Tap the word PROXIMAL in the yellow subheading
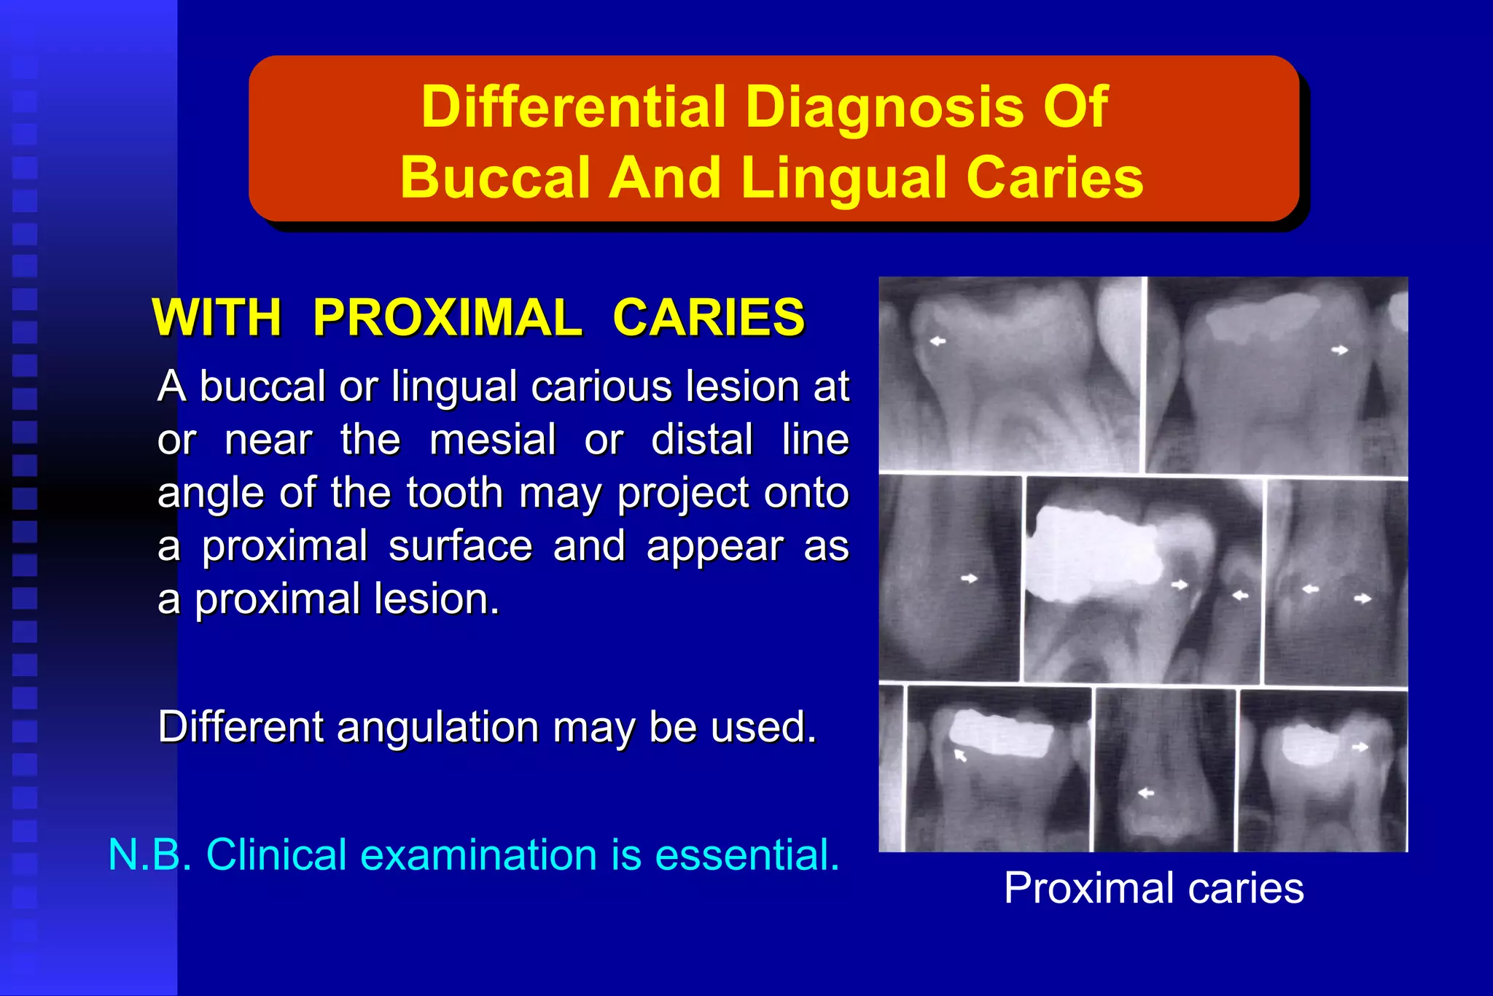coord(448,318)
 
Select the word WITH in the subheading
coord(217,318)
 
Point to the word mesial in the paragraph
coord(492,440)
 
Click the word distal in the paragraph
coord(701,440)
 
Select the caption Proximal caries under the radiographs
coord(1153,887)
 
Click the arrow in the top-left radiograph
coord(937,341)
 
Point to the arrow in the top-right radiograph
coord(1339,350)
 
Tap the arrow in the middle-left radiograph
coord(969,578)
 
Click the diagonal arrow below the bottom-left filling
coord(960,755)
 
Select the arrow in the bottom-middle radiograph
coord(1146,793)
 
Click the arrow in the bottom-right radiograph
coord(1360,747)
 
